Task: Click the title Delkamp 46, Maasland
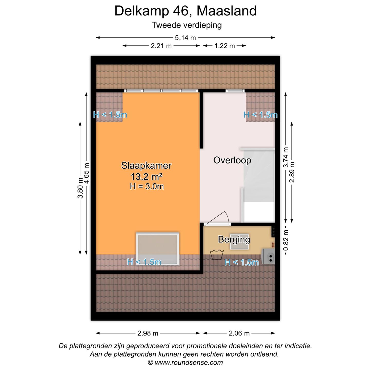click(185, 11)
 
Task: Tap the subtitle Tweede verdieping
click(187, 25)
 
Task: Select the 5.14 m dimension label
click(185, 38)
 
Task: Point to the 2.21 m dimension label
click(161, 46)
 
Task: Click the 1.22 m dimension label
click(225, 46)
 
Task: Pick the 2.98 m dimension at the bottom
click(148, 333)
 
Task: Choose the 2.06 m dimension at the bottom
click(239, 333)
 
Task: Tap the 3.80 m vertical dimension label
click(80, 188)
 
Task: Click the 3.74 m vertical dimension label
click(286, 158)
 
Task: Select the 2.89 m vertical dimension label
click(292, 172)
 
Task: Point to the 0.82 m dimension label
click(286, 240)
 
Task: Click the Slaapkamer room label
click(146, 165)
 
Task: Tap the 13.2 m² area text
click(146, 177)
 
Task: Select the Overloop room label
click(232, 160)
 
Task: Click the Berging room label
click(234, 239)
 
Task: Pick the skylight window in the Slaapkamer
click(158, 249)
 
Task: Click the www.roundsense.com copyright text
click(185, 363)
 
